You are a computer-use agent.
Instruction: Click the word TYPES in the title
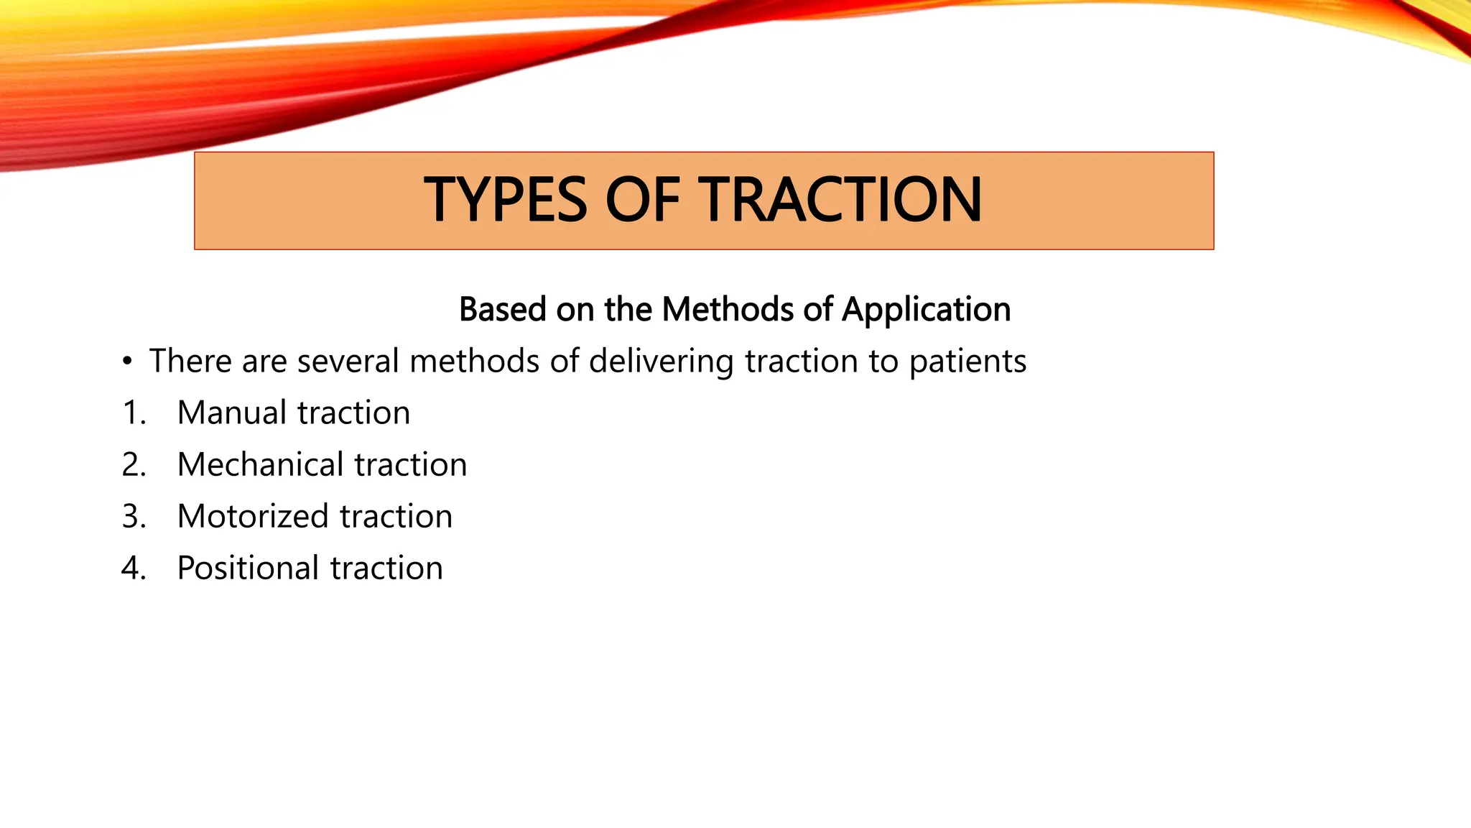click(x=505, y=200)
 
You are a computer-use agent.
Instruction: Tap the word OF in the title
click(x=641, y=200)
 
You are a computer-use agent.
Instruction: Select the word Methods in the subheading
click(x=726, y=309)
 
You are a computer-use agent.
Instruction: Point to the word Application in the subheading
click(x=926, y=310)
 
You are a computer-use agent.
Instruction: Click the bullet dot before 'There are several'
click(x=127, y=362)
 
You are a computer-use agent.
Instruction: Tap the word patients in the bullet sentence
click(x=967, y=362)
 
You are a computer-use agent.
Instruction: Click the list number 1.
click(x=134, y=413)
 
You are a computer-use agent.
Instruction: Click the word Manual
click(x=231, y=413)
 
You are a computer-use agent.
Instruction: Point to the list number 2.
click(x=134, y=465)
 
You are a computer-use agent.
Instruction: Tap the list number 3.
click(x=134, y=517)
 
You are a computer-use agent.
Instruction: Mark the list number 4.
click(x=134, y=569)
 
